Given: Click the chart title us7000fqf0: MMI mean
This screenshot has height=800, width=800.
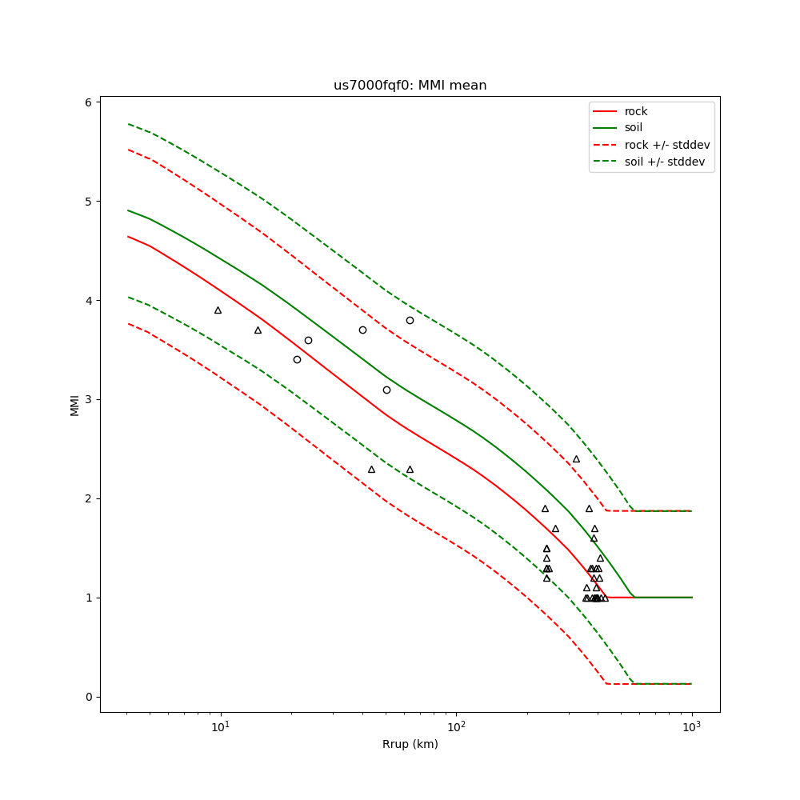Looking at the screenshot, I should click(410, 86).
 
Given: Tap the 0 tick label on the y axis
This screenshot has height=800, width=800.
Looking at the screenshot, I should click(90, 697).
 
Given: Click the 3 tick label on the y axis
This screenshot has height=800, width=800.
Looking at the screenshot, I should click(90, 399).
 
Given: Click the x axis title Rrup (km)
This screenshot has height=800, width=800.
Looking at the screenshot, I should click(410, 745).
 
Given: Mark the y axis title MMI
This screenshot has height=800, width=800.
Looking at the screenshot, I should click(75, 404).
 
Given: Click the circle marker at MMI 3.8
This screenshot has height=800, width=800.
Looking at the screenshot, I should click(410, 320).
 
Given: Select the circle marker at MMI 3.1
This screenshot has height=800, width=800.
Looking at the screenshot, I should click(386, 390).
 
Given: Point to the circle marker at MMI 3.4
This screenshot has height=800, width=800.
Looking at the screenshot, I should click(297, 359).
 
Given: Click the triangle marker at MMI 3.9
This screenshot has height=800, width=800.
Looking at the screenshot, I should click(218, 310).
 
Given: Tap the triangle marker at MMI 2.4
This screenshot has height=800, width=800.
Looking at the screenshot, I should click(576, 458).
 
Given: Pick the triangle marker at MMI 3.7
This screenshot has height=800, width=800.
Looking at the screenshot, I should click(258, 330).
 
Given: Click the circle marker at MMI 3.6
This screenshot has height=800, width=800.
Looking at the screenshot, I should click(308, 340).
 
